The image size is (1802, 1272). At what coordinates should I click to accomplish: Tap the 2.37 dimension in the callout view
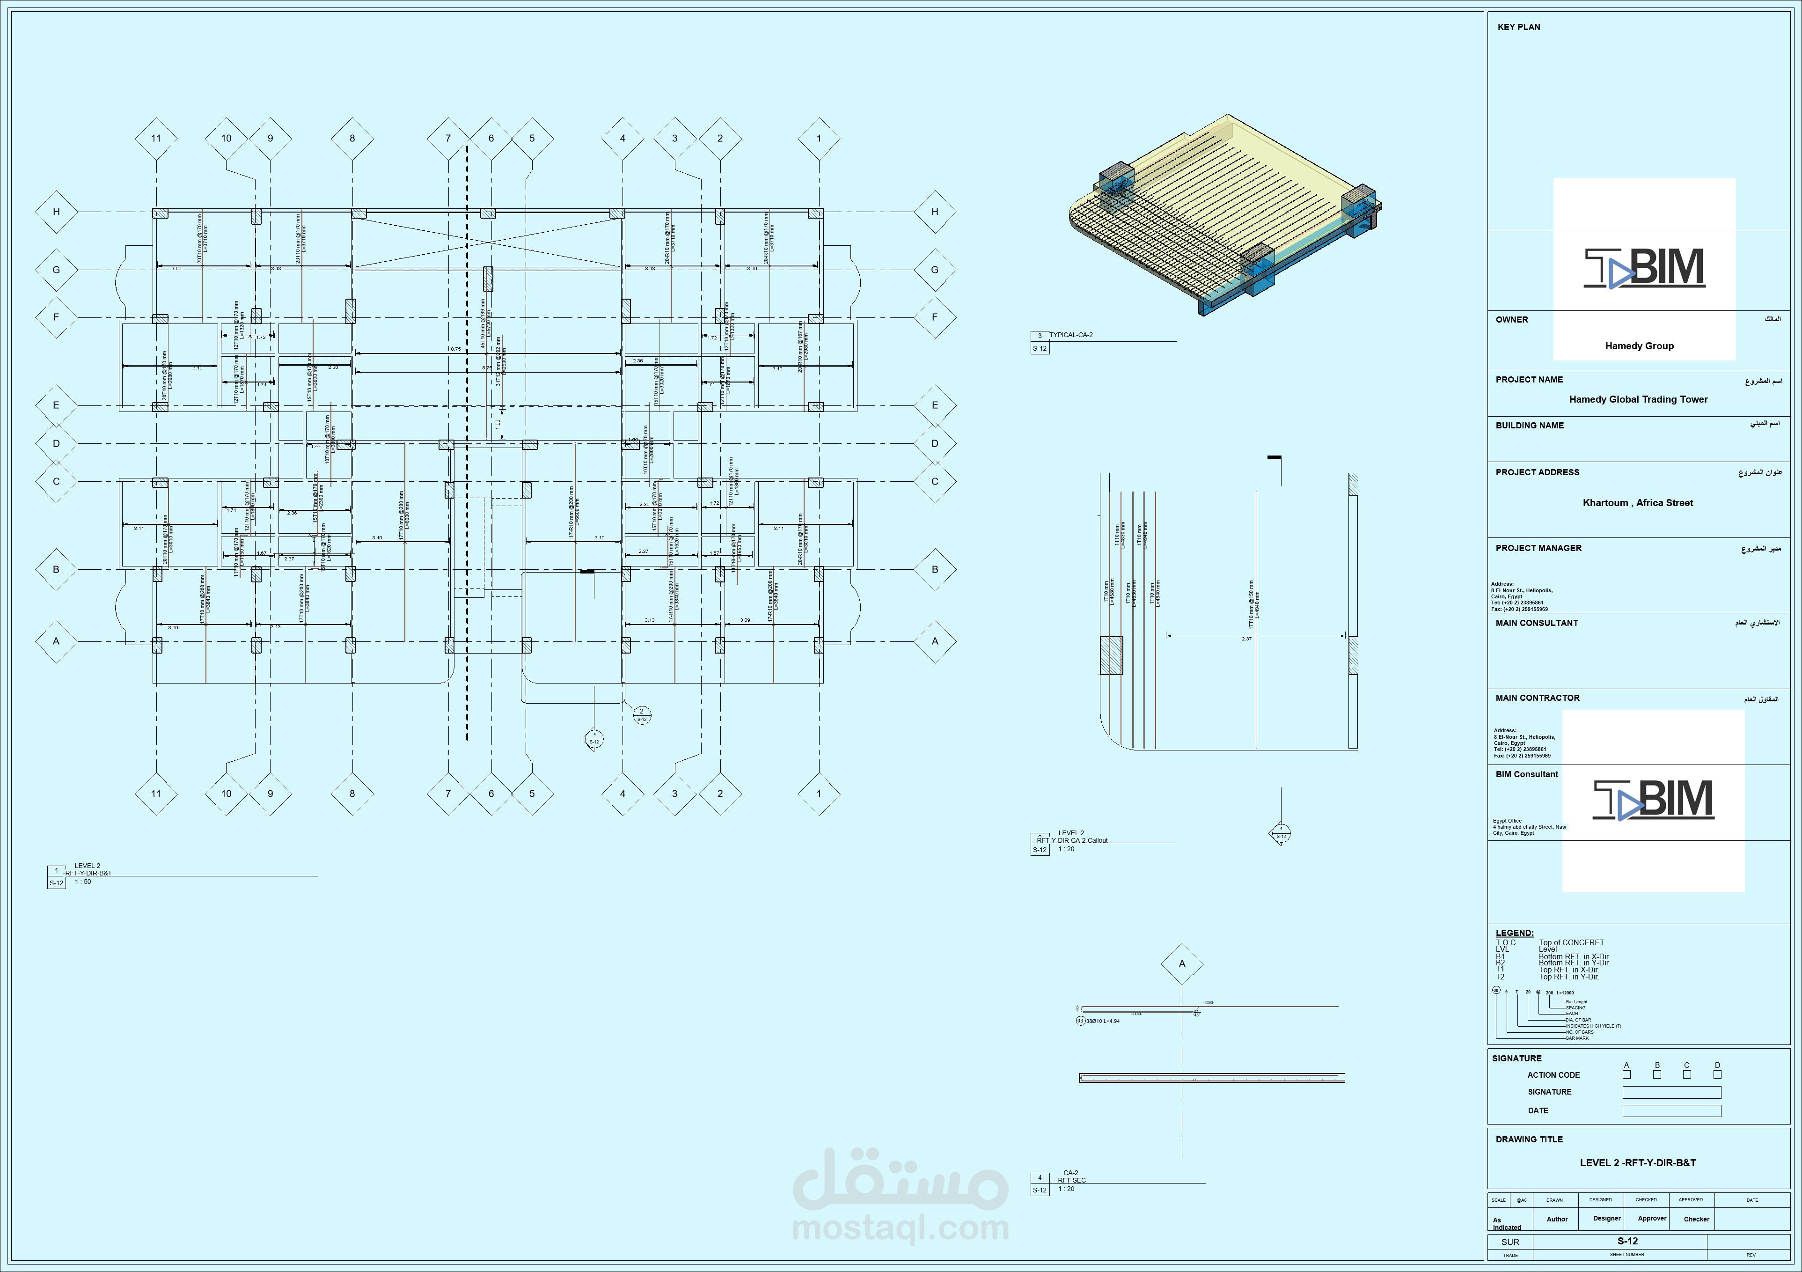coord(1246,639)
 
